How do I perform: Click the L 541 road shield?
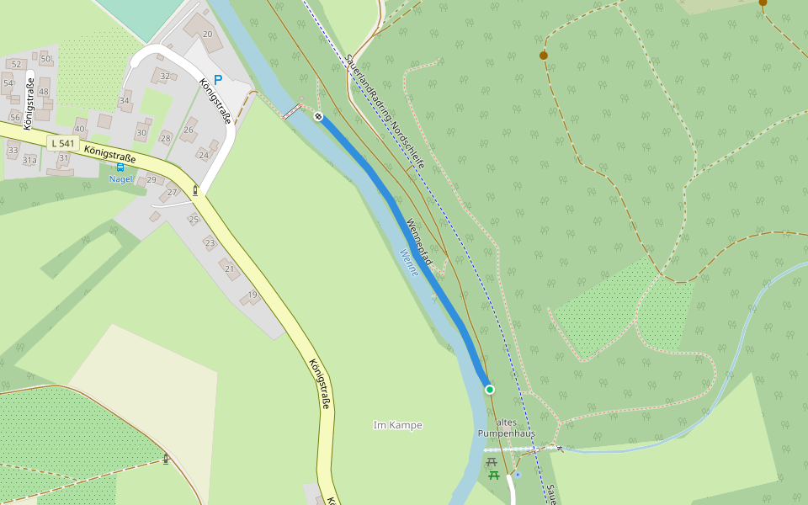pos(63,144)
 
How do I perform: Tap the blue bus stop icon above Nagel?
pos(120,167)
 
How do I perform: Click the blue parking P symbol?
pos(218,80)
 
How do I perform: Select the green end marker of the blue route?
pos(490,389)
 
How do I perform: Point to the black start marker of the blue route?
pos(318,116)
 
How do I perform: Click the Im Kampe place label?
pos(397,425)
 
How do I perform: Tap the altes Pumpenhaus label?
pos(507,428)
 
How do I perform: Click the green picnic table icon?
pos(494,476)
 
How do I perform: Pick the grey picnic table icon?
pos(492,462)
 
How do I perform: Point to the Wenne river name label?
pos(408,262)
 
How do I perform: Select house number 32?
pos(165,76)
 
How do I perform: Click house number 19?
pos(252,295)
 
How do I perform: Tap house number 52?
pos(16,64)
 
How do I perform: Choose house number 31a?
pos(29,160)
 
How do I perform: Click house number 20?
pos(207,34)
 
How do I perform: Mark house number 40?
pos(80,129)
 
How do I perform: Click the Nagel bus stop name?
pos(120,178)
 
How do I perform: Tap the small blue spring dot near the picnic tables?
pos(518,475)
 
